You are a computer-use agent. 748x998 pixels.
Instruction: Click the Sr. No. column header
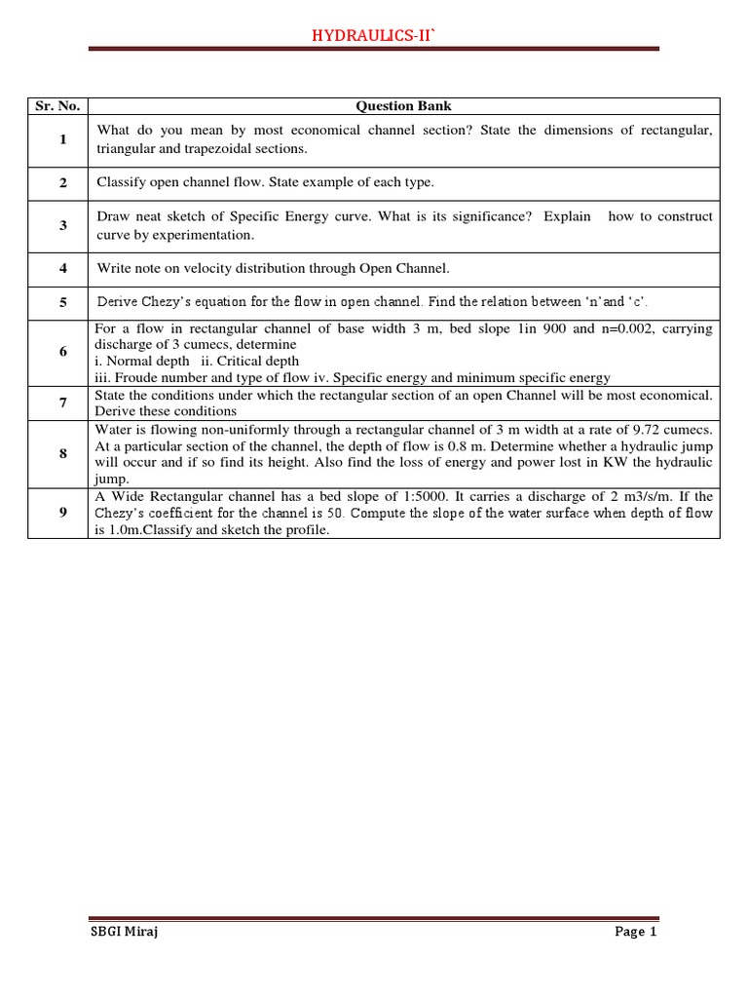pos(57,106)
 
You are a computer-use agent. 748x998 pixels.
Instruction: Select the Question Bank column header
pos(403,106)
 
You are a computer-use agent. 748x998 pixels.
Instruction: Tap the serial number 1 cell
pos(62,139)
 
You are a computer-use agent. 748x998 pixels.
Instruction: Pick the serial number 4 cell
pos(62,268)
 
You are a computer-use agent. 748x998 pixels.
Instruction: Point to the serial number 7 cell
pos(62,403)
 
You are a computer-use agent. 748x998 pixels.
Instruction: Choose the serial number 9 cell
pos(62,512)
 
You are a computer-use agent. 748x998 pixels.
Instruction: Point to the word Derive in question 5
pos(117,302)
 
